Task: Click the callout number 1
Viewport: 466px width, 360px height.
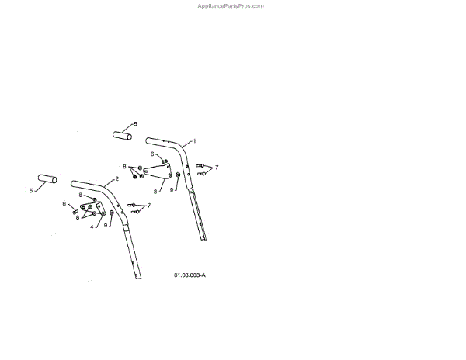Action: point(194,141)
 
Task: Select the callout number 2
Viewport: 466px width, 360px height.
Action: point(116,178)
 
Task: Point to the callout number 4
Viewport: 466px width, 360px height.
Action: point(91,227)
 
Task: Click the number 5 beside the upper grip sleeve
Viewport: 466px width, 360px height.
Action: point(134,123)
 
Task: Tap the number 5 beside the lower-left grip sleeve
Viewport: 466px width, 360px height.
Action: point(32,190)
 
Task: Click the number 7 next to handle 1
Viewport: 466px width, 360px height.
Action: point(217,168)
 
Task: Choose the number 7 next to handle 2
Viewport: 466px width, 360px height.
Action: point(148,206)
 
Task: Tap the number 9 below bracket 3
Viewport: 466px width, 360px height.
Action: point(172,189)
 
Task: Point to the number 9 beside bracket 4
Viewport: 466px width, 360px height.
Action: point(105,225)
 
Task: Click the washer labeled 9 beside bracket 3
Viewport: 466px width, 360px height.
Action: point(179,175)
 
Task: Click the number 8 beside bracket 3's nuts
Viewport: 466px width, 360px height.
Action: point(124,167)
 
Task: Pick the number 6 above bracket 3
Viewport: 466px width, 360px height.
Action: point(152,154)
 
